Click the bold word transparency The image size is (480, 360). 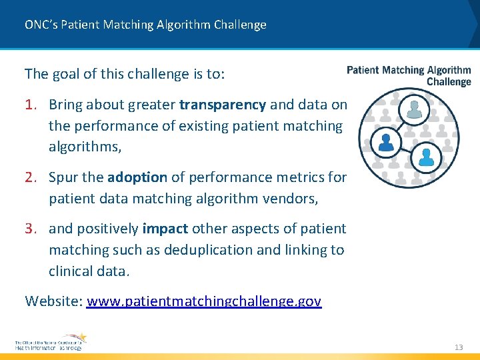tap(223, 105)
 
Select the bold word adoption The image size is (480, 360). tap(137, 177)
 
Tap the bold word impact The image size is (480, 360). tap(165, 229)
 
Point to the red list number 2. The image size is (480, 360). tap(31, 177)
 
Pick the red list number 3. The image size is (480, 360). tap(31, 229)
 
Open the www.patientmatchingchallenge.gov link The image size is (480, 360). tap(204, 301)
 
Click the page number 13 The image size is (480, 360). tap(459, 347)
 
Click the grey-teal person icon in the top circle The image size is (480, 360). tap(415, 109)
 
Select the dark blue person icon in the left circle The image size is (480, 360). tap(385, 141)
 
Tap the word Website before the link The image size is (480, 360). tap(53, 301)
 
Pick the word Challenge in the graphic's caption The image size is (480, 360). tap(449, 82)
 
